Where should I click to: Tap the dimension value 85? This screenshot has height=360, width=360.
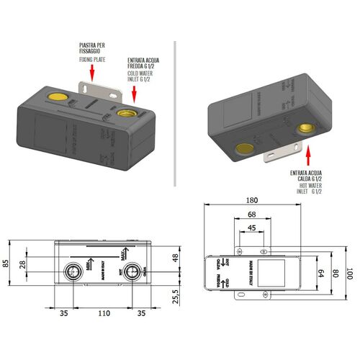click(x=8, y=263)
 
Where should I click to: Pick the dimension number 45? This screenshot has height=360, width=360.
click(x=249, y=229)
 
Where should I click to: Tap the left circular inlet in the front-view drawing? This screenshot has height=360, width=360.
click(x=73, y=272)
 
